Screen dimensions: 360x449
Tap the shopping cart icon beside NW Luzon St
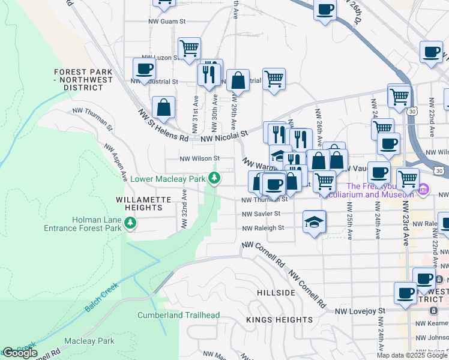pyautogui.click(x=189, y=47)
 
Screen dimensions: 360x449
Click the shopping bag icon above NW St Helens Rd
pyautogui.click(x=163, y=107)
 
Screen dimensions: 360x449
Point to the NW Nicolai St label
pyautogui.click(x=224, y=137)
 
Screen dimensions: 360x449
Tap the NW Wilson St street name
pyautogui.click(x=200, y=159)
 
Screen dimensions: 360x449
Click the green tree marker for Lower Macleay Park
pyautogui.click(x=214, y=178)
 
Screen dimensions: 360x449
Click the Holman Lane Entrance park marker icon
pyautogui.click(x=130, y=223)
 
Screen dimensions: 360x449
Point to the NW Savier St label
pyautogui.click(x=261, y=214)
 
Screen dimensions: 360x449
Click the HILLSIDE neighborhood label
pyautogui.click(x=276, y=293)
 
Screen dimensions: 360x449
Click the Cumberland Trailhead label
pyautogui.click(x=178, y=315)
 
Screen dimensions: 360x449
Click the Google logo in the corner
pyautogui.click(x=19, y=353)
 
